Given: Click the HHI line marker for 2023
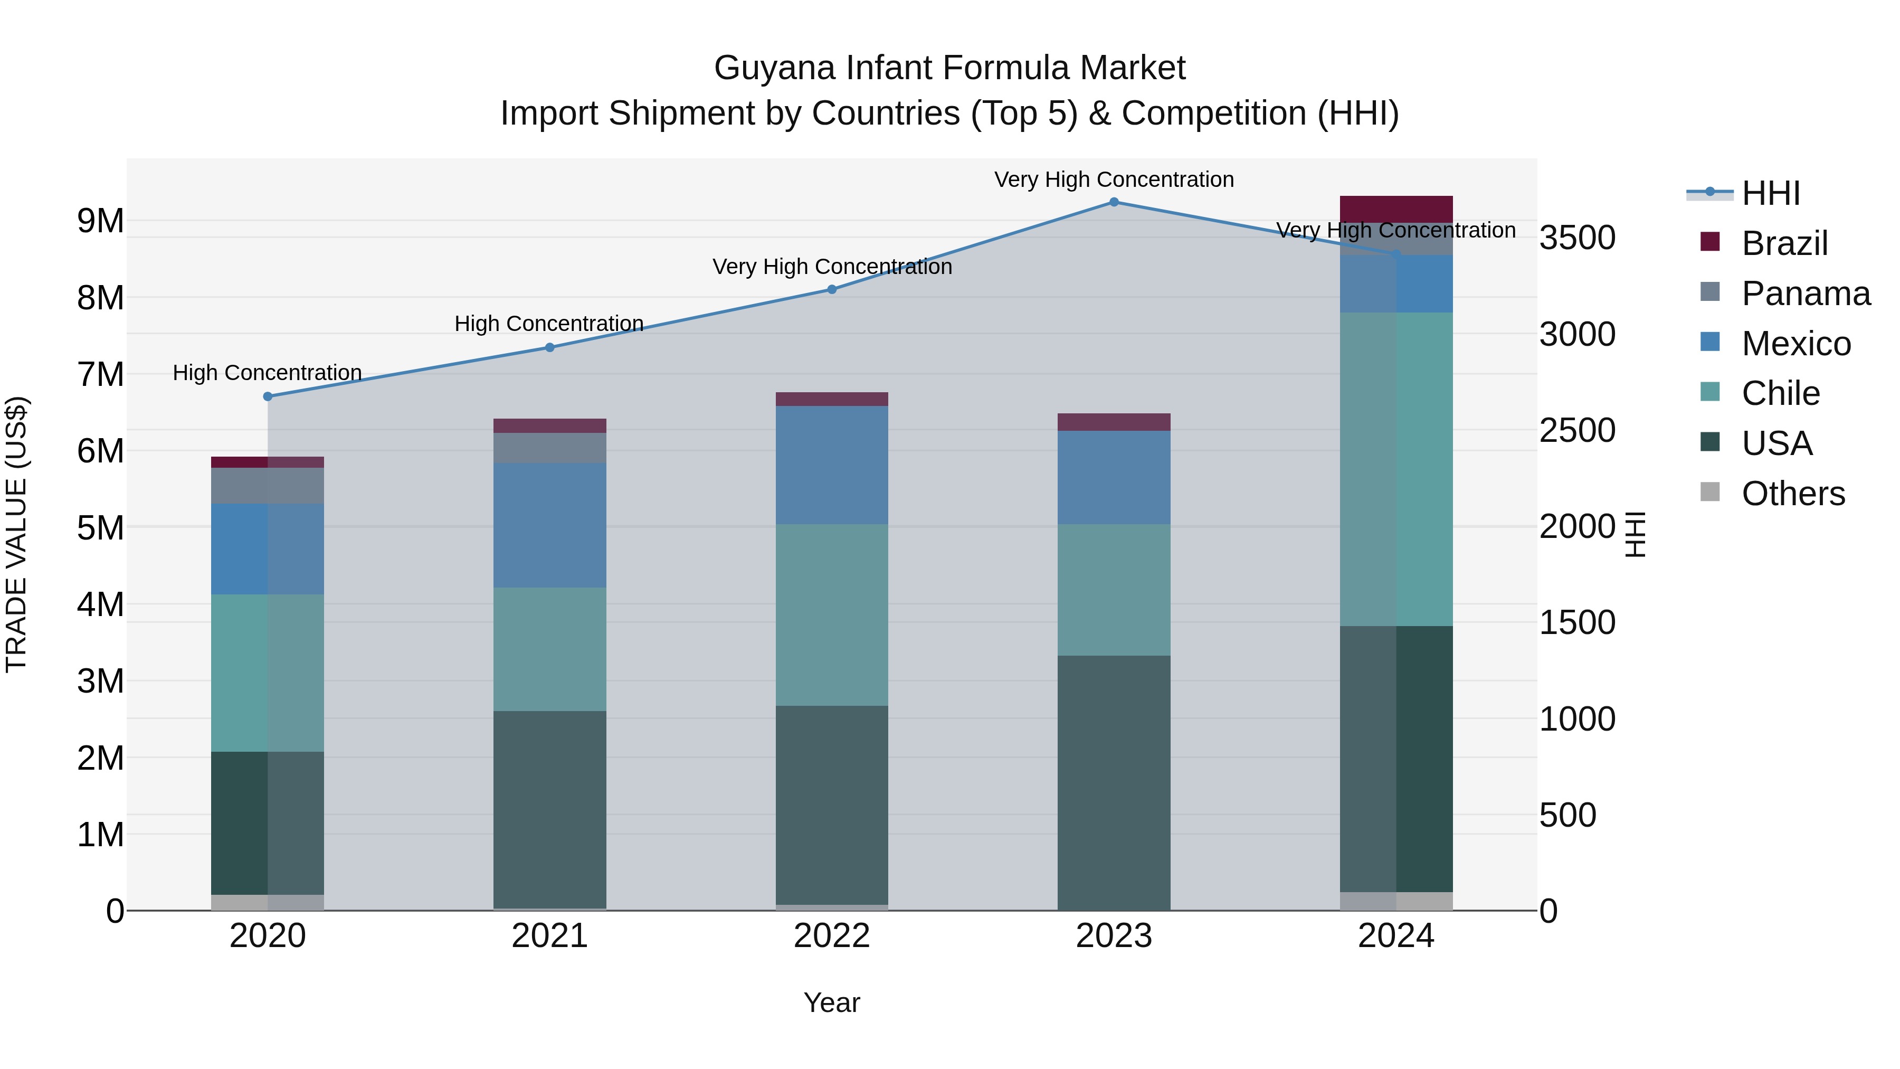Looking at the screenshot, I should (x=1114, y=202).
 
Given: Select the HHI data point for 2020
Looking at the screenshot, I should (x=268, y=396).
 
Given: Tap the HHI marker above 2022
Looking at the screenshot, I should (x=832, y=290).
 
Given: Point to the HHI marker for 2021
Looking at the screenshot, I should (x=549, y=347).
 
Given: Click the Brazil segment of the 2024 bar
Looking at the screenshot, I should (x=1395, y=209).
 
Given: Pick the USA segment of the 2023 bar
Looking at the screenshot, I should (x=1114, y=782).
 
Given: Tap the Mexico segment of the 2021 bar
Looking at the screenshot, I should (x=549, y=525).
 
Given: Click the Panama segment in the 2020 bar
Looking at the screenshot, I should (x=268, y=486).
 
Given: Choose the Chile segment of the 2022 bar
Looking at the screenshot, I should (x=832, y=614).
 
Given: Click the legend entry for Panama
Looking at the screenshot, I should (x=1805, y=294).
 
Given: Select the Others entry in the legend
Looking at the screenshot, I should (x=1792, y=494).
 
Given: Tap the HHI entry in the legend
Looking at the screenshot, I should (x=1770, y=193).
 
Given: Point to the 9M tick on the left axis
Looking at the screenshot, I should (x=100, y=221).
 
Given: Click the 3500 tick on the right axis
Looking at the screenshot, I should (x=1578, y=238).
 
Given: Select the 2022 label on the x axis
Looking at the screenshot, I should (x=832, y=936).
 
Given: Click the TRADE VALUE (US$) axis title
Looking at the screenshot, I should (x=17, y=534).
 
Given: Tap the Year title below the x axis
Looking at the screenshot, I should (x=832, y=1002).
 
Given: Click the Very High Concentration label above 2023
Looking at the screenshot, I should (x=1114, y=179).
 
